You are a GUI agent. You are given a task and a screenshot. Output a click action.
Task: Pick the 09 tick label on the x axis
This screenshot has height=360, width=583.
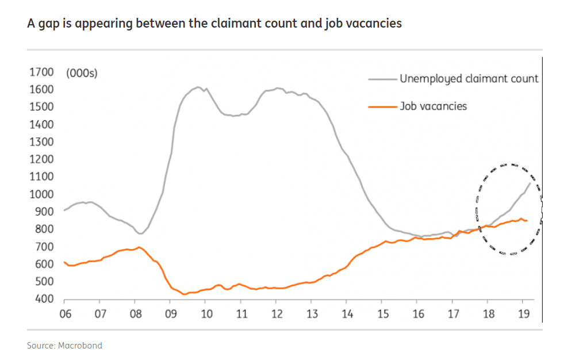coord(170,314)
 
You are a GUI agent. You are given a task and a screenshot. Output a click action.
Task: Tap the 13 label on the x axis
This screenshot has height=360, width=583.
coord(311,314)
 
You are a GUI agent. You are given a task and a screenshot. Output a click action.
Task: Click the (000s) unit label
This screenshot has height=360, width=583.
coord(82,73)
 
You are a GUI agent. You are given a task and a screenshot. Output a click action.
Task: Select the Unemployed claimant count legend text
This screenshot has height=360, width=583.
coord(469,79)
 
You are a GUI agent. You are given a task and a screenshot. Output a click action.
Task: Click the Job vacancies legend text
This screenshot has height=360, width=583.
coord(434,106)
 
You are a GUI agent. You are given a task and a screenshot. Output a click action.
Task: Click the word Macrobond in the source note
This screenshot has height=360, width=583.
coord(80,346)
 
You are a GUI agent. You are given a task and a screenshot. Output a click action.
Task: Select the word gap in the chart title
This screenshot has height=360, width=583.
coord(46,24)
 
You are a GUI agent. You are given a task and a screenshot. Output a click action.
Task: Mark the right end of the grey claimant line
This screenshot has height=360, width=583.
coord(530,183)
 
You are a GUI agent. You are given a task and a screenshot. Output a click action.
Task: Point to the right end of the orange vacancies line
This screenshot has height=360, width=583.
coord(527,220)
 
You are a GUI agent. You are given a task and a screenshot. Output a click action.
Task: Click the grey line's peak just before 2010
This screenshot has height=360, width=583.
coord(198,87)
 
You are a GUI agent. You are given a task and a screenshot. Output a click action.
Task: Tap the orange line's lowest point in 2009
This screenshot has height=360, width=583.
coord(185,294)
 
